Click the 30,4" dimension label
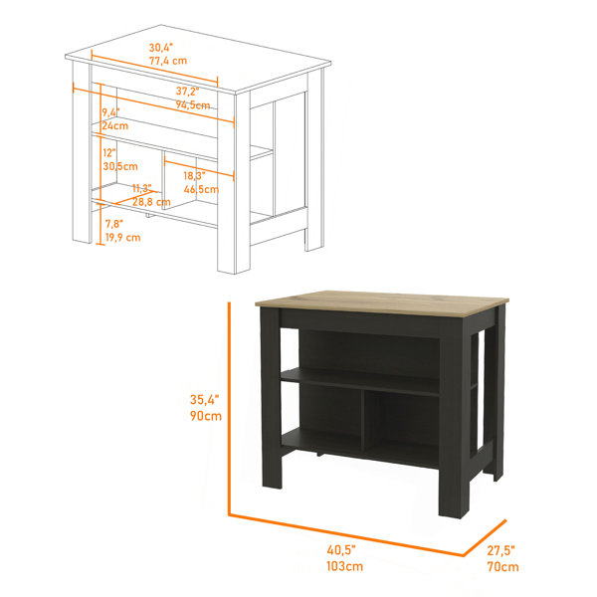point(160,48)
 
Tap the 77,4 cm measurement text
point(168,61)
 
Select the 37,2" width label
point(188,92)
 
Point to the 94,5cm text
point(193,104)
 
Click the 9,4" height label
point(110,112)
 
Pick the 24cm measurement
point(115,125)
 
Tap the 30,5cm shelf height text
point(120,166)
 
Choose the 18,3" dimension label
point(195,176)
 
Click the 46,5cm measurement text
point(201,189)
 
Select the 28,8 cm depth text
point(151,202)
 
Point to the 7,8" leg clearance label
point(114,224)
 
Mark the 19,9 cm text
point(123,238)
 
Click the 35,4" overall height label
point(205,399)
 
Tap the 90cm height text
point(206,416)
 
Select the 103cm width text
point(344,566)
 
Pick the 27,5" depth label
point(501,550)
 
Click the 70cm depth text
point(502,566)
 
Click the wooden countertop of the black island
point(382,303)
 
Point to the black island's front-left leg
point(271,398)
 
